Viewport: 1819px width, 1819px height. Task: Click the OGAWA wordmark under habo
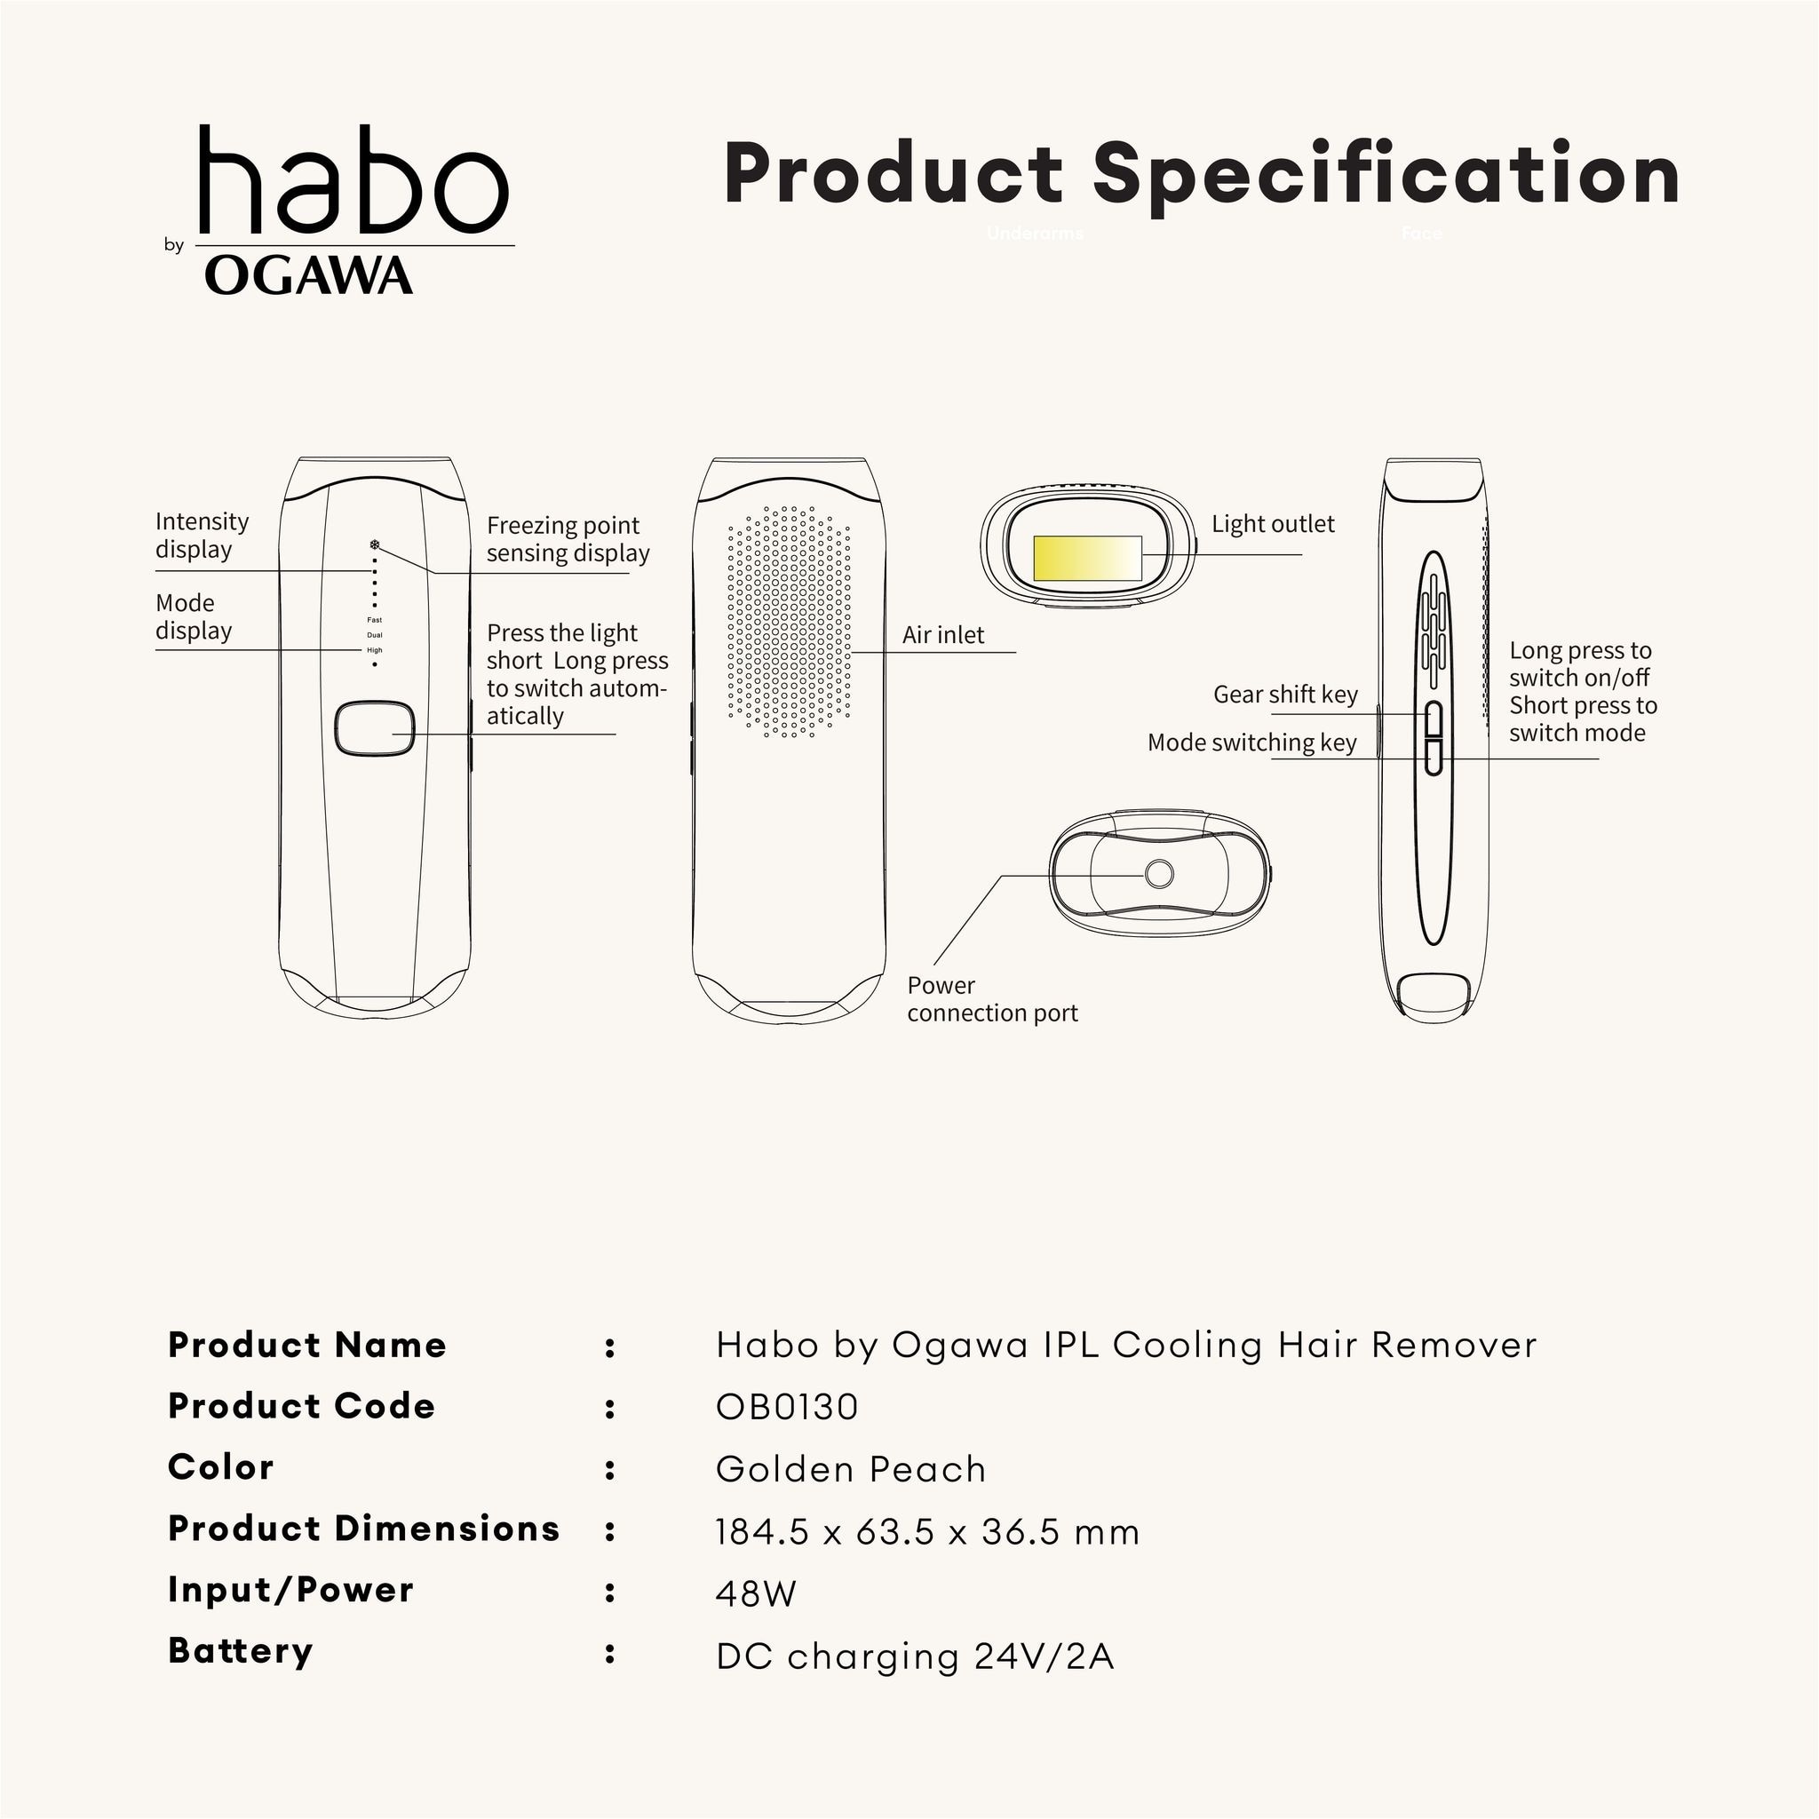click(x=308, y=276)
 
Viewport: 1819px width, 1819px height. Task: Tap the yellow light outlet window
click(x=1086, y=559)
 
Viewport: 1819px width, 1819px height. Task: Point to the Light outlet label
click(x=1272, y=524)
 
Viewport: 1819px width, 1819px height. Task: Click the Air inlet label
click(x=942, y=636)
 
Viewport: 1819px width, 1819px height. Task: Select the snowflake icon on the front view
click(x=375, y=545)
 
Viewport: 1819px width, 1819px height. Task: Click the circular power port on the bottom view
click(x=1159, y=875)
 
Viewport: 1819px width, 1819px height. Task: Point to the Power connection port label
click(x=991, y=999)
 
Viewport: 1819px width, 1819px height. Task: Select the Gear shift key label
click(x=1285, y=695)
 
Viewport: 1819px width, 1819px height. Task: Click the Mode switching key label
click(x=1251, y=743)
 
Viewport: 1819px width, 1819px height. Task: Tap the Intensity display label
click(x=202, y=536)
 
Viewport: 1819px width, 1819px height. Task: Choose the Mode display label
click(x=193, y=616)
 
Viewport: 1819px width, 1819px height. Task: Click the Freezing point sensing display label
click(x=567, y=539)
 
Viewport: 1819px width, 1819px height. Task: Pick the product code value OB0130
click(x=786, y=1408)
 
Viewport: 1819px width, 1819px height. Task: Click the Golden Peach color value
click(x=850, y=1470)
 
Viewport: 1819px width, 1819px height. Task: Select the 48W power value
click(x=755, y=1594)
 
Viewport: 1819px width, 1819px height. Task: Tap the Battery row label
click(x=240, y=1651)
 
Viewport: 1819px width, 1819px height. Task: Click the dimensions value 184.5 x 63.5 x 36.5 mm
click(x=926, y=1533)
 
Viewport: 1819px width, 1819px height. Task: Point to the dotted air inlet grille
click(x=789, y=622)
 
